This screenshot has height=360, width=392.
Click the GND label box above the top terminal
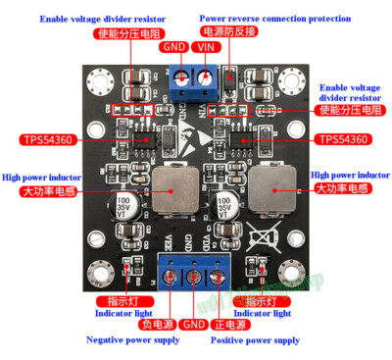175,47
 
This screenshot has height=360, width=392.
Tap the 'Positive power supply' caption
255,339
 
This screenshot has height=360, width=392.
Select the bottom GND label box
194,324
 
